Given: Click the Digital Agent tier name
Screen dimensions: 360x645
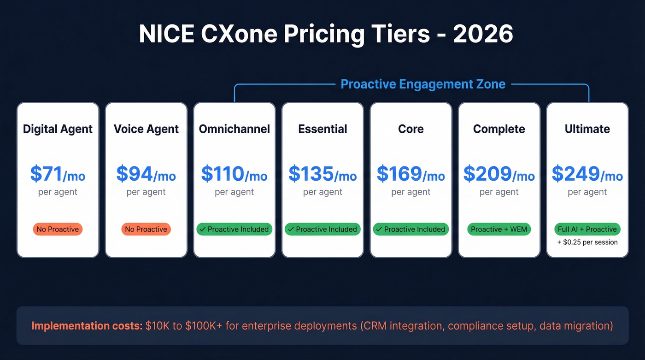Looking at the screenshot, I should tap(58, 129).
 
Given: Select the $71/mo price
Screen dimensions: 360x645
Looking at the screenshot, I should tap(58, 174).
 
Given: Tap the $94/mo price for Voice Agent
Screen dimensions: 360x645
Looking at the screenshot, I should tap(146, 174).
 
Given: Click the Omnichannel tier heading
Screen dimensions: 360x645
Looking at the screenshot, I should tap(234, 129).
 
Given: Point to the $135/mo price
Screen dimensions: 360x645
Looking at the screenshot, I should tap(322, 174).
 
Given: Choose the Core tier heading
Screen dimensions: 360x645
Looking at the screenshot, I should tap(410, 129).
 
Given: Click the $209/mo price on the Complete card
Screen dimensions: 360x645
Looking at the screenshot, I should tap(499, 174).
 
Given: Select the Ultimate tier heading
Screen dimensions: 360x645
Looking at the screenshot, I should tap(587, 129).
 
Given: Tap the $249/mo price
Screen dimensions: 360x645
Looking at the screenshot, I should tap(587, 174).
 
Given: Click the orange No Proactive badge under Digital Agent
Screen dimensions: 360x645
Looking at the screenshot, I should tap(58, 229).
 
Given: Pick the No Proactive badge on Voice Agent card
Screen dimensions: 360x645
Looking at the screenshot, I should tap(146, 229).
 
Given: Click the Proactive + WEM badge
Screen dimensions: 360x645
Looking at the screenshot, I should tap(499, 229).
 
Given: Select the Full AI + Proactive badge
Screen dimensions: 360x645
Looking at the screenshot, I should tap(587, 229).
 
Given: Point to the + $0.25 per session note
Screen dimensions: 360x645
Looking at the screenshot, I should tap(587, 242).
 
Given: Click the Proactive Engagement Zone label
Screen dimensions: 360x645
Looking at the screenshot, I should tap(423, 84).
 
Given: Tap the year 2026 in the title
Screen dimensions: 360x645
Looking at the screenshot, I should tap(483, 35).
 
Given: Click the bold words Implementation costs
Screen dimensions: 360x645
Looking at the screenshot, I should tap(87, 326).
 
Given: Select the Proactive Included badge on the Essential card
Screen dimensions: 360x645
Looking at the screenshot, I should tap(322, 229).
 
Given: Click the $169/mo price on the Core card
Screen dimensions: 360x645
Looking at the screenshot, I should tap(410, 174).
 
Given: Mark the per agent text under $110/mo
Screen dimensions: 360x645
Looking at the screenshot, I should tap(234, 192).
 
